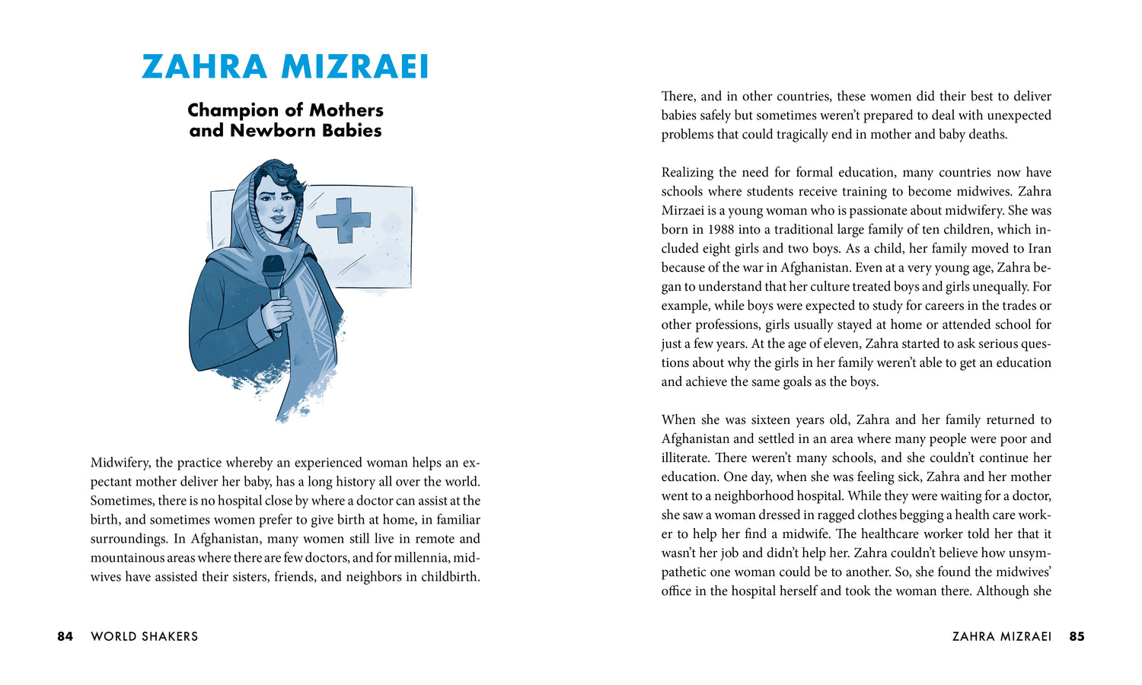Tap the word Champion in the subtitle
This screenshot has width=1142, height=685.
(233, 110)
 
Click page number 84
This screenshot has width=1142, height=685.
(65, 636)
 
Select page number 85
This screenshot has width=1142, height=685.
(1077, 636)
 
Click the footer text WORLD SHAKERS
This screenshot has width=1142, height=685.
(144, 636)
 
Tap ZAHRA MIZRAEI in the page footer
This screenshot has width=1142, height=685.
(1001, 636)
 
